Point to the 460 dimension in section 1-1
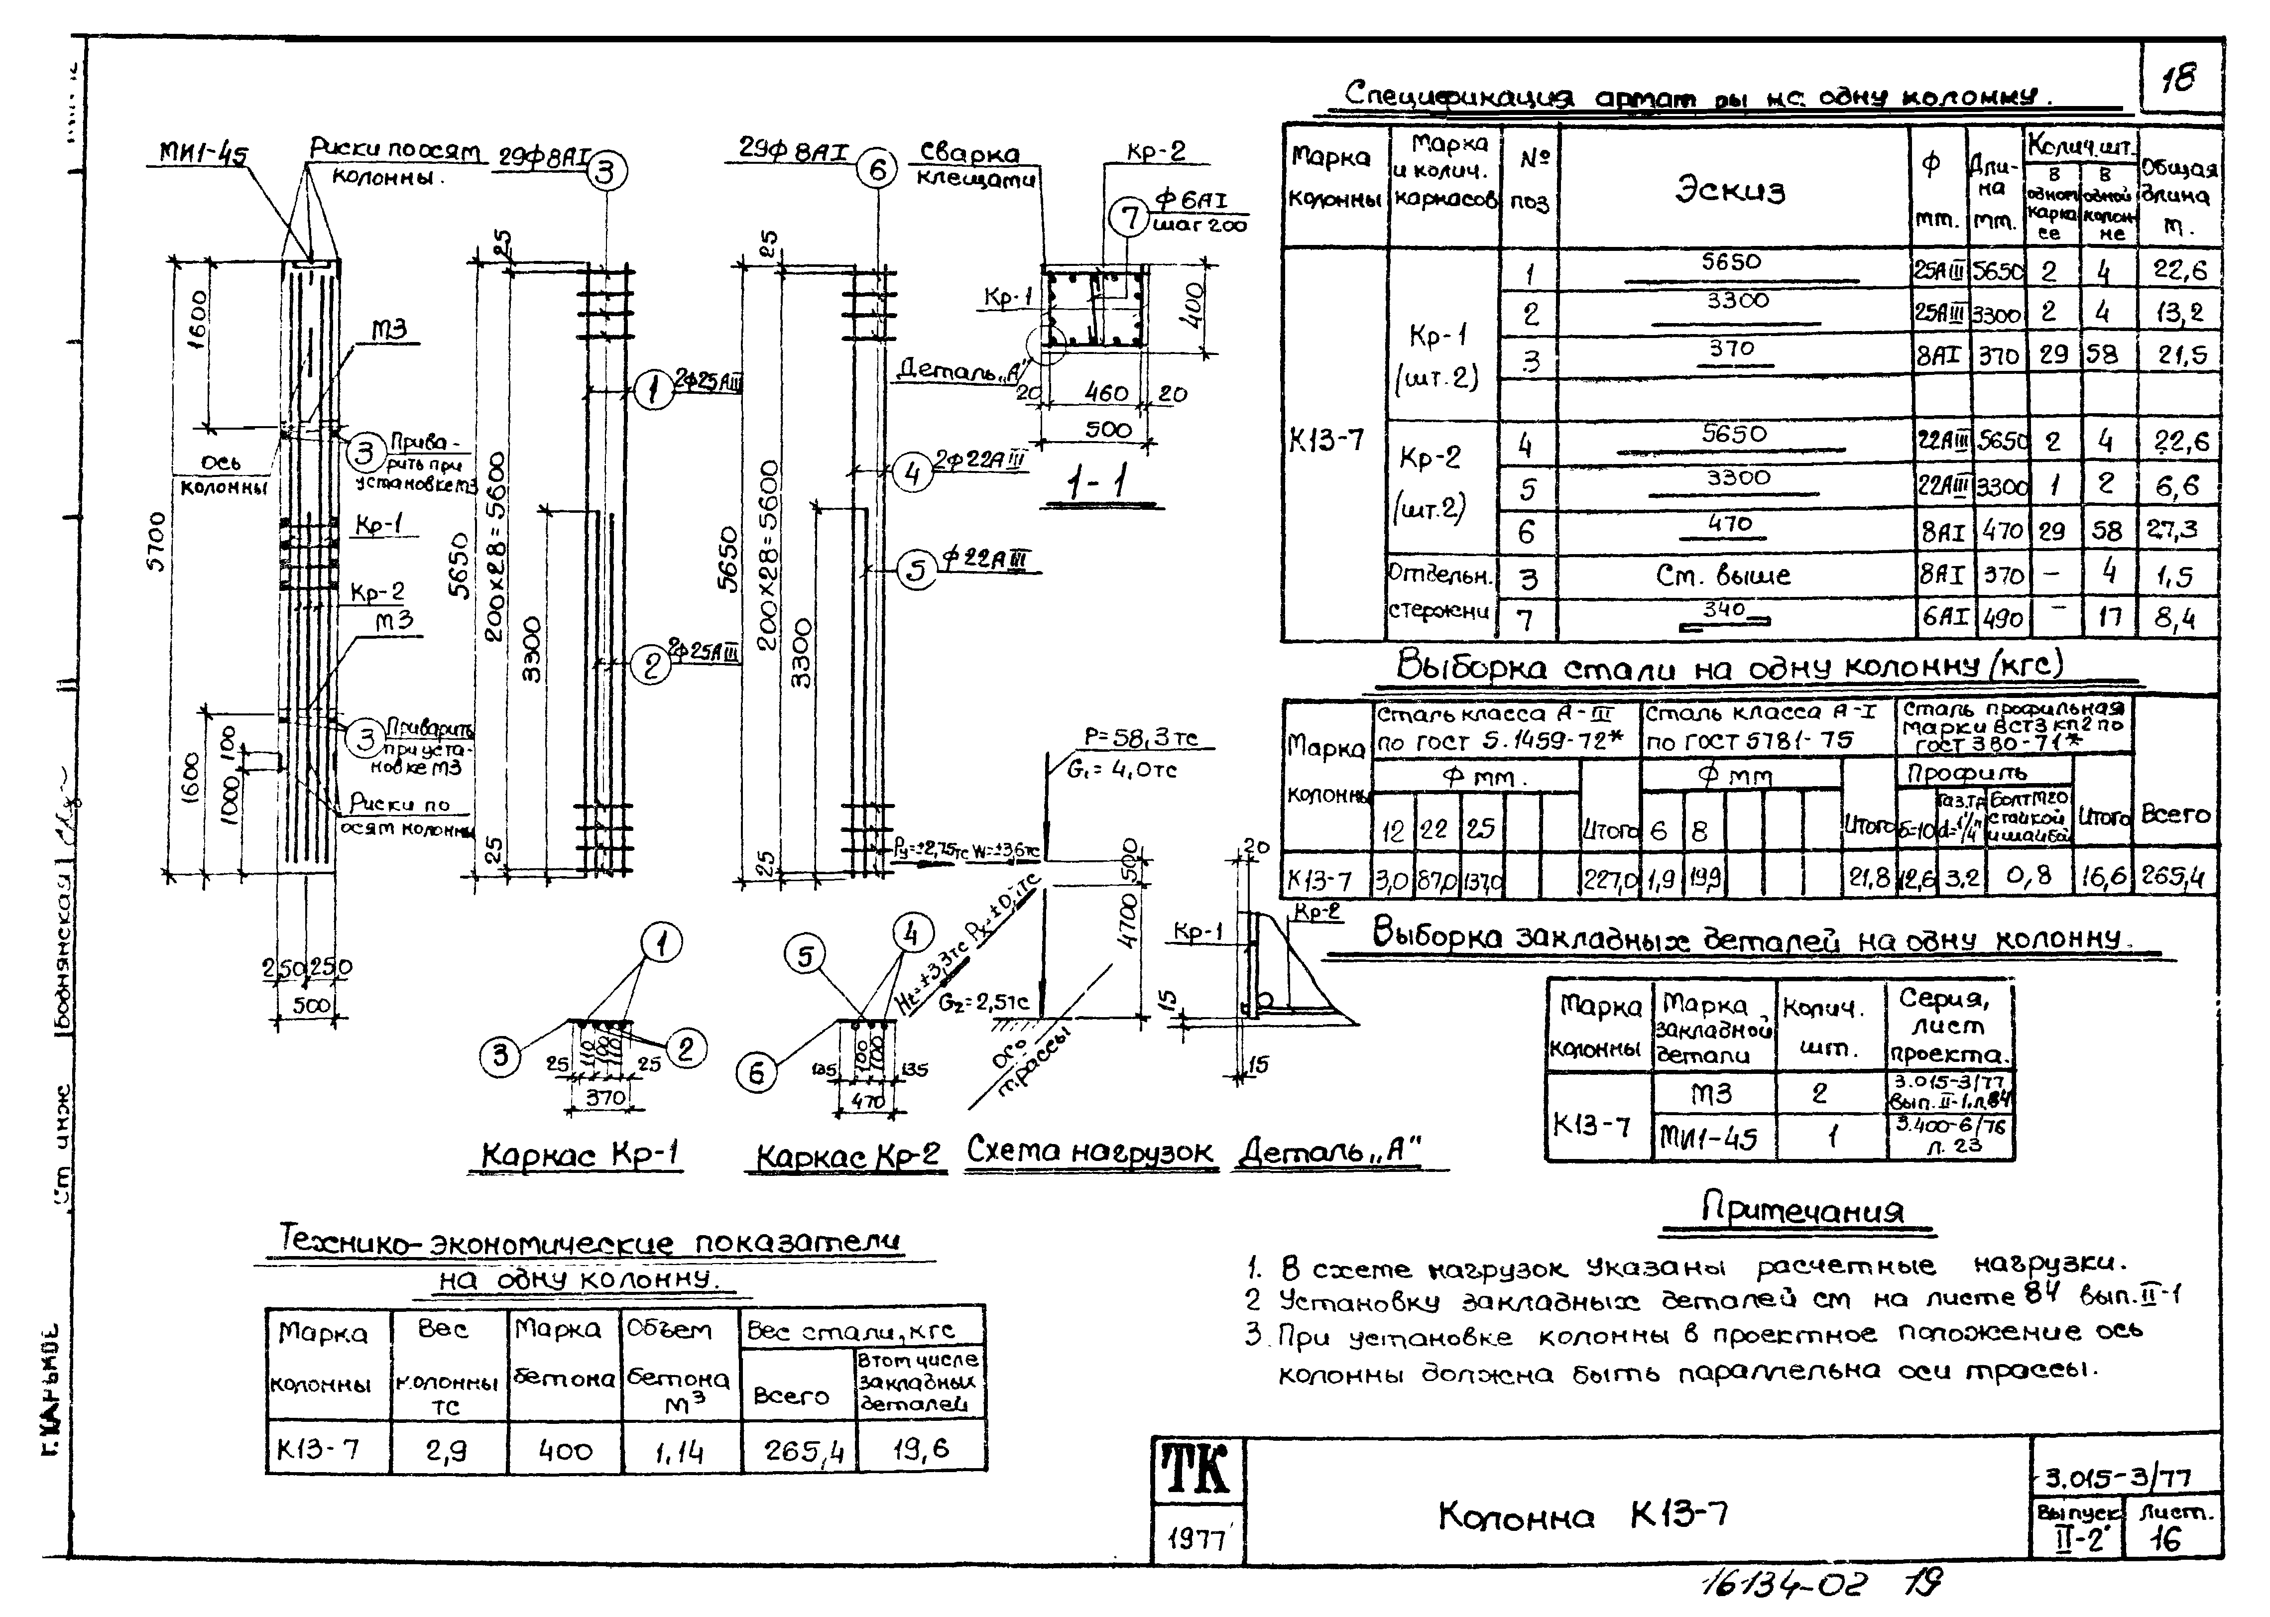point(1105,393)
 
